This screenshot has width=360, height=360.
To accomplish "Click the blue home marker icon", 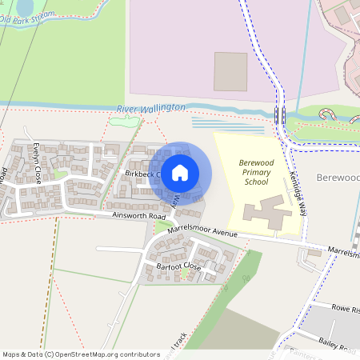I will click(180, 172).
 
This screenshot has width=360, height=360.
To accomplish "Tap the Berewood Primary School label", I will click(257, 172).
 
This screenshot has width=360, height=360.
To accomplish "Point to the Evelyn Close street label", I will click(37, 163).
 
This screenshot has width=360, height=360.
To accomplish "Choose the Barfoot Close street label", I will click(178, 266).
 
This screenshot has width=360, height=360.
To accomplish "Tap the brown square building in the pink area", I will click(230, 71).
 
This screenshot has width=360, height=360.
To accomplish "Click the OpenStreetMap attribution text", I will click(81, 354).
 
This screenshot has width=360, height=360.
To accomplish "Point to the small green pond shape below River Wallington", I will click(124, 122).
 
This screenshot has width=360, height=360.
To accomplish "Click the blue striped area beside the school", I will click(227, 125).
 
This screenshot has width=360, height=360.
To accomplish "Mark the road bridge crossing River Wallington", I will click(280, 114).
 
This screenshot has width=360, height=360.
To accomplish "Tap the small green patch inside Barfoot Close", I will click(186, 274).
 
